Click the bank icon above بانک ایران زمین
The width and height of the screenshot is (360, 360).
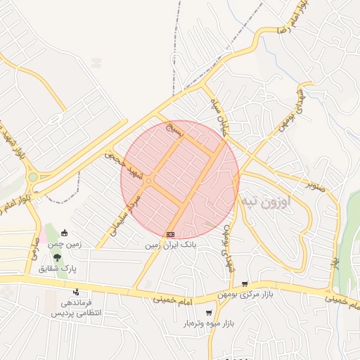point(170,233)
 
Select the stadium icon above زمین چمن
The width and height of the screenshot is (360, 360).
point(64,233)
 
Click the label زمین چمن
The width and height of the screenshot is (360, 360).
point(65,244)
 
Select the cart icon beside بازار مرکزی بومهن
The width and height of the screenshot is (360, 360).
point(245,284)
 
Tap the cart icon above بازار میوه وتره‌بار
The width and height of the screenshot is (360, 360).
point(209,312)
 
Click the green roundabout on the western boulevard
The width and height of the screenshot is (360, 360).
point(32,177)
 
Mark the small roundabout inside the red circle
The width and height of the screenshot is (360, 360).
point(148,182)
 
